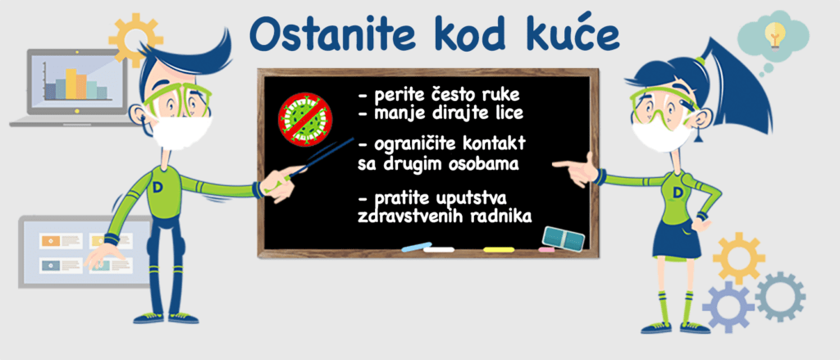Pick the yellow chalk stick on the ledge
(x=499, y=249)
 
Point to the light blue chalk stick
(x=416, y=247)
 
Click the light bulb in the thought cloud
(x=774, y=34)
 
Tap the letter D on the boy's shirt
(x=157, y=187)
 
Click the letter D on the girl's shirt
(x=678, y=192)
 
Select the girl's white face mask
(x=662, y=136)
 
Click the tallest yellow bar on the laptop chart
(x=71, y=84)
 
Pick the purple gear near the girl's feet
(x=728, y=307)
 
